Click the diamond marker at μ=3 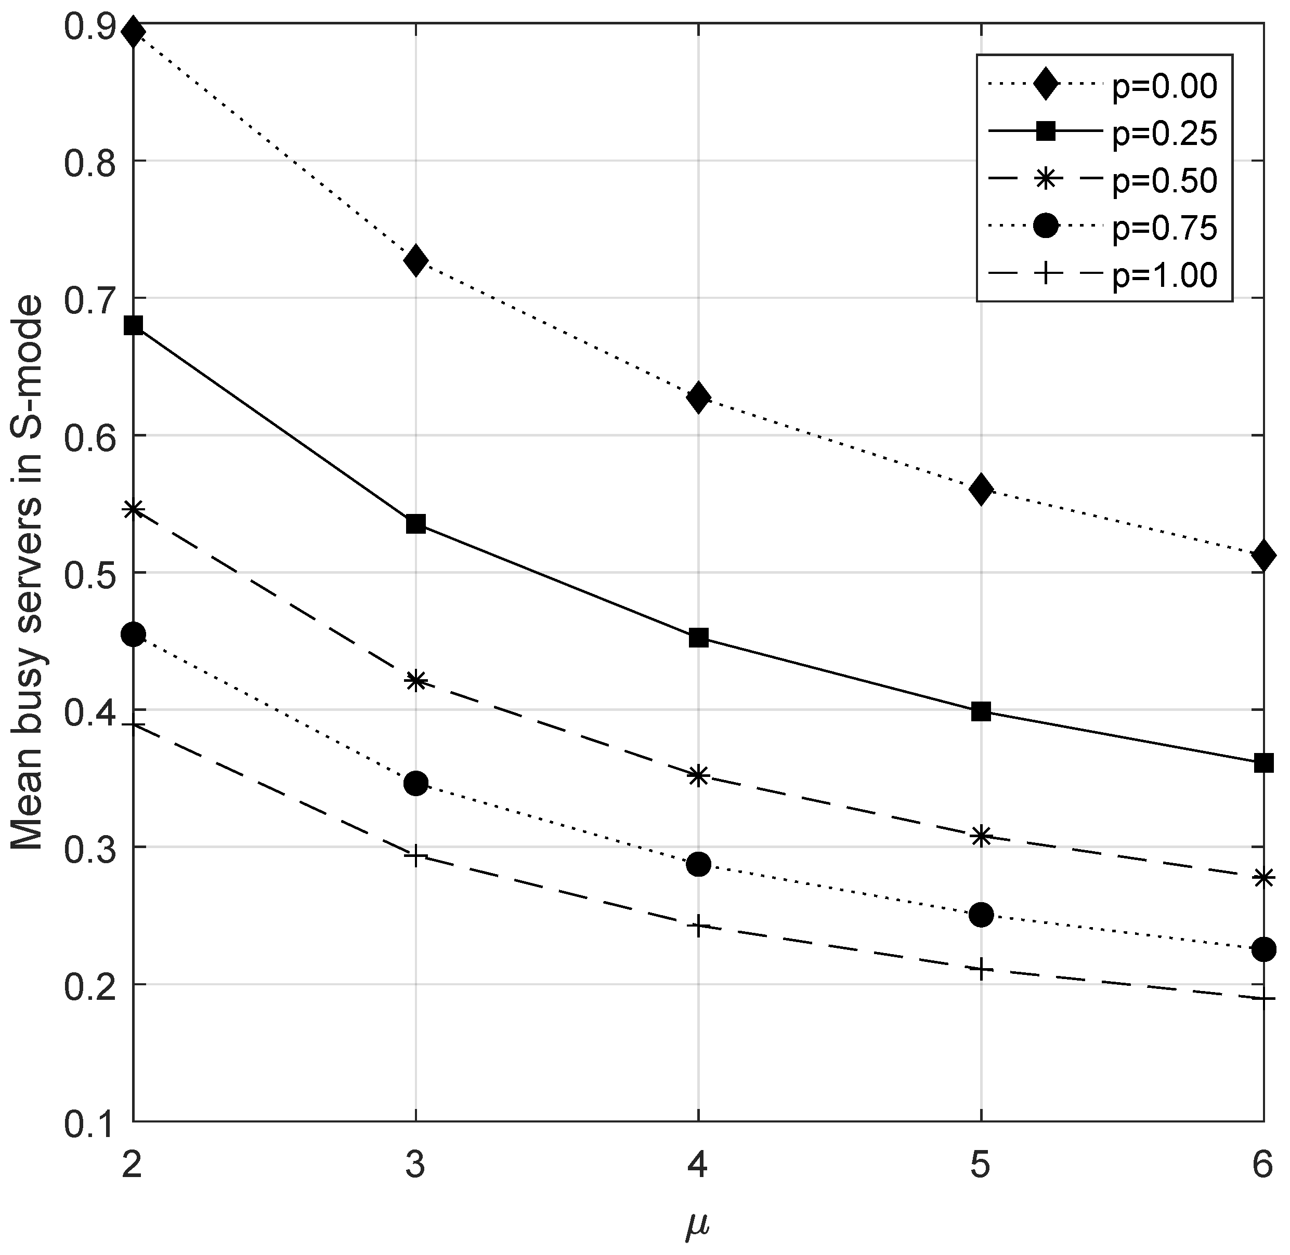415,260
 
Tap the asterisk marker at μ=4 698,775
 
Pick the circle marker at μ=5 981,915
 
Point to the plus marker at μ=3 415,857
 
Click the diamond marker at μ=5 981,488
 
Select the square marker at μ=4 698,638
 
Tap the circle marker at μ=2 133,634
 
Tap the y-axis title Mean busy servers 28,573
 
